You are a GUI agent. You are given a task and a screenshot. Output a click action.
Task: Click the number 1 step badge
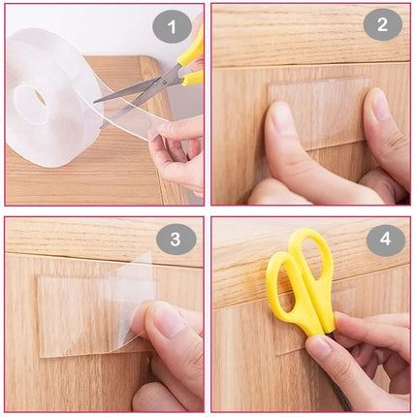pos(172,27)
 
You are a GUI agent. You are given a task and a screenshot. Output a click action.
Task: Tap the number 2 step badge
pos(382,24)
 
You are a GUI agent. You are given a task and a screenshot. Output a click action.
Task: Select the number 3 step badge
pos(176,240)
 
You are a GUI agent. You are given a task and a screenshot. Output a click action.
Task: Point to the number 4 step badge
pos(386,240)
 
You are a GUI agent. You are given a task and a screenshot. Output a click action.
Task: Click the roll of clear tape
pos(53,97)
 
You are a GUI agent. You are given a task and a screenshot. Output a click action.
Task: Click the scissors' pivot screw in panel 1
pos(166,81)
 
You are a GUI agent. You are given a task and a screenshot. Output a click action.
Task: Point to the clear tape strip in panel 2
pos(320,113)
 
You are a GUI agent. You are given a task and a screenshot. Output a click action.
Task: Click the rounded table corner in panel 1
pos(147,63)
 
